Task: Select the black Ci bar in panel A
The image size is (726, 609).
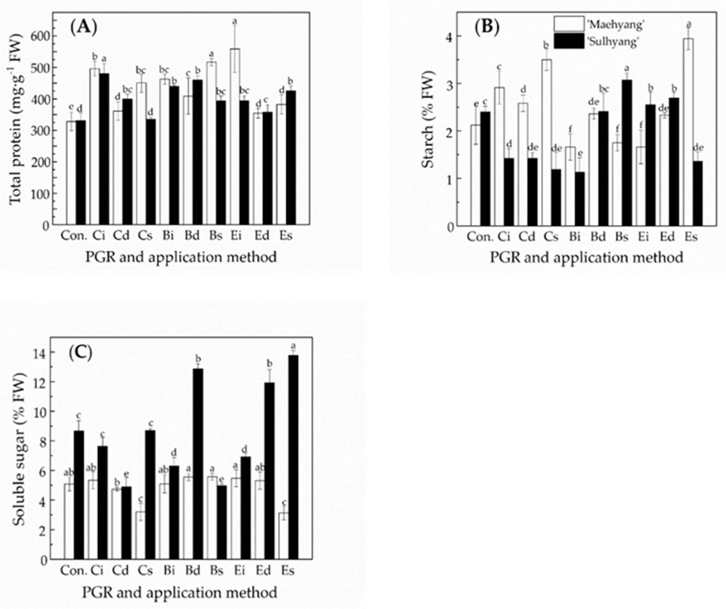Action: click(104, 149)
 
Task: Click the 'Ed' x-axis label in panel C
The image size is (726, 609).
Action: click(263, 570)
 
